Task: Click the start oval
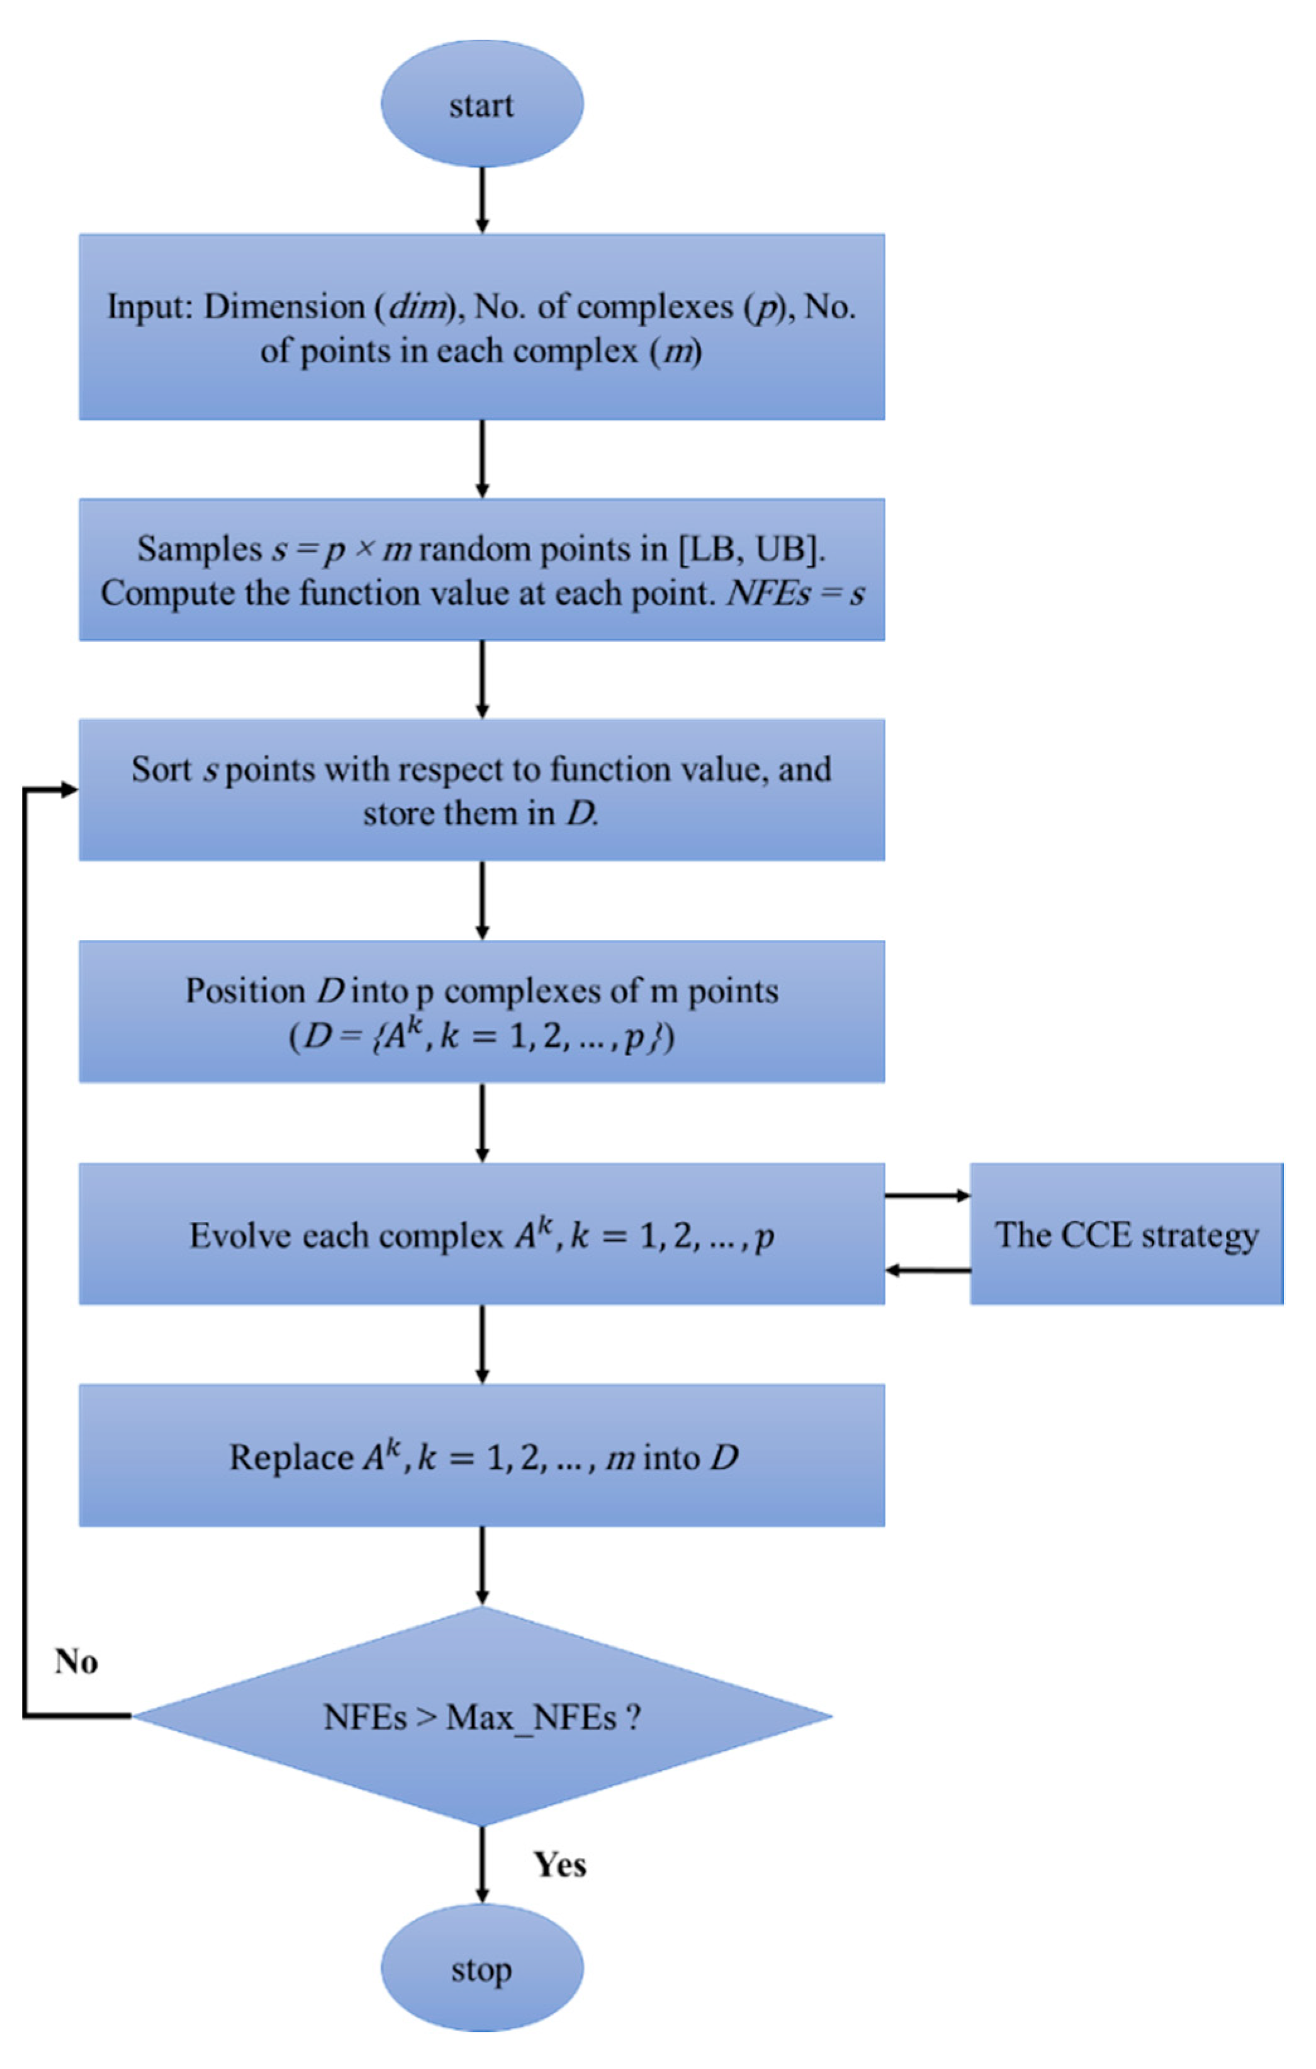[482, 104]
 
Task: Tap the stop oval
[482, 1968]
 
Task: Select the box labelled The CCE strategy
[1126, 1235]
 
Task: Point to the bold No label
[76, 1661]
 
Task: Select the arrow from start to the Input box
[482, 200]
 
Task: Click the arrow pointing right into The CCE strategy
[928, 1195]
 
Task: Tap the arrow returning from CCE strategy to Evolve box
[928, 1270]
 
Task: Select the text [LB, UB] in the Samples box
[751, 549]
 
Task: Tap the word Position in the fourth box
[245, 990]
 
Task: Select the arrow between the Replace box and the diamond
[482, 1565]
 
